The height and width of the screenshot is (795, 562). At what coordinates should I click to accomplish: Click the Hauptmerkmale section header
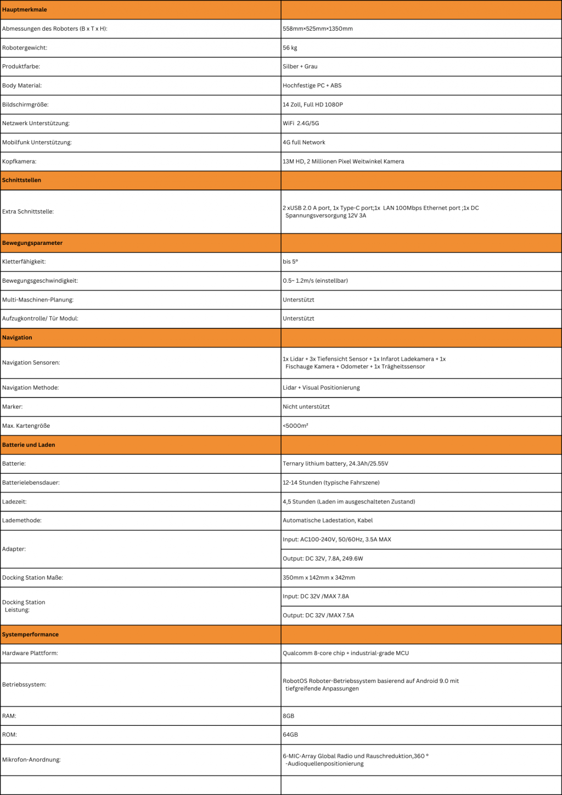pos(25,10)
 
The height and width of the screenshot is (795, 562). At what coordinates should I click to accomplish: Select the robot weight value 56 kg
pos(290,48)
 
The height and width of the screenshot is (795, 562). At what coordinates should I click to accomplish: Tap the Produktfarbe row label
pos(21,66)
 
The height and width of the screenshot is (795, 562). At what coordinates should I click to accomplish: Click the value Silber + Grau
pos(300,66)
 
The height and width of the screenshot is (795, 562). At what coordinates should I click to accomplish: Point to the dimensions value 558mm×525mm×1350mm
pos(318,29)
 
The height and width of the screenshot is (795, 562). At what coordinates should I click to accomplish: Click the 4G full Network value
pos(304,142)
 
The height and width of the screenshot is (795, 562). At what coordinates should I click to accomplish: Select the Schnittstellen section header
pos(21,180)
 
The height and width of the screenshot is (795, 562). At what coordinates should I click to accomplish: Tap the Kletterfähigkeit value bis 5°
pos(290,262)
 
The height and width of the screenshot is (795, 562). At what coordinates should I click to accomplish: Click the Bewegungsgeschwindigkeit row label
pos(40,281)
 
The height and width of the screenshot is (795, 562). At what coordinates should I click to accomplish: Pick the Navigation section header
pos(17,338)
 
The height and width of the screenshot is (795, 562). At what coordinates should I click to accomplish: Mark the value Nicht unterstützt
pos(306,407)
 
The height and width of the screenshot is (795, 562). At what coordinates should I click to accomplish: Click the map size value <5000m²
pos(295,426)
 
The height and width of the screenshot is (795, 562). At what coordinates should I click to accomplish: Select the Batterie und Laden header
pos(29,445)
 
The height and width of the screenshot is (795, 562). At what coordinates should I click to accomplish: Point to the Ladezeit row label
pos(14,502)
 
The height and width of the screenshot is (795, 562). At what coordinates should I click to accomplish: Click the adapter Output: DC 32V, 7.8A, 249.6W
pos(323,559)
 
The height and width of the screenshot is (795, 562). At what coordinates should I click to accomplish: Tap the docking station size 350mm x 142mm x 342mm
pos(319,578)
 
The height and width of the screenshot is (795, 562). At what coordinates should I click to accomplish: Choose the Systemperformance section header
pos(30,635)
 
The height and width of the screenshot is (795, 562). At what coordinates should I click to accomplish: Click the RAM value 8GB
pos(289,716)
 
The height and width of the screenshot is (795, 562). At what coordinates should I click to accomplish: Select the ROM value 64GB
pos(290,735)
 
